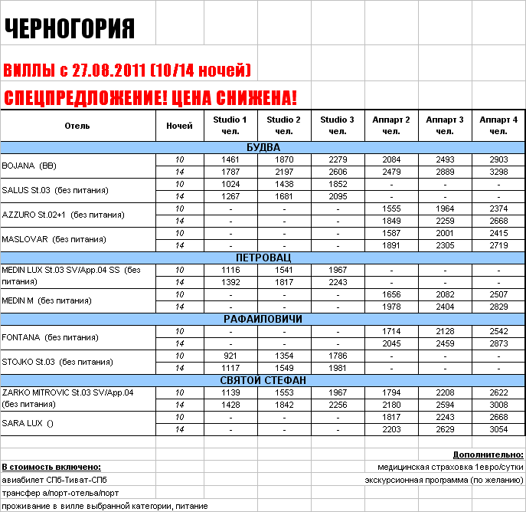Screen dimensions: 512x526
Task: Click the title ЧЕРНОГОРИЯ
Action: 70,29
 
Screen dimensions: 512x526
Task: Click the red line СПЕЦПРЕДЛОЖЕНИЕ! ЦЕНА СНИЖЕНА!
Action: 150,98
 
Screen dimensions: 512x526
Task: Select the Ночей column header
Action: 180,126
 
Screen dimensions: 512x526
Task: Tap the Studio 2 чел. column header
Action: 283,126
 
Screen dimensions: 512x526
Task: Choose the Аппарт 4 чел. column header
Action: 498,126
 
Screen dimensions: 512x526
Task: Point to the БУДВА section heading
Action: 263,147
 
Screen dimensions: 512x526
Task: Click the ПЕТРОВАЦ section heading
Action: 263,258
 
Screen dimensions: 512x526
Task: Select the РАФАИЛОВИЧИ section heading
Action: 263,319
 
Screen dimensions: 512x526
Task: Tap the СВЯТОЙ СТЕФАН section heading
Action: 263,380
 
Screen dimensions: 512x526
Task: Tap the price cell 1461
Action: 230,159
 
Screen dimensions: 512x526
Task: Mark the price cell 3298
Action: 498,172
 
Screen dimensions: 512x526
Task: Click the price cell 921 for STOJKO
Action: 230,356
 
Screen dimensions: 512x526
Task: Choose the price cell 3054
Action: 498,429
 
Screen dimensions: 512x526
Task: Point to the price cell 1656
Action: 391,294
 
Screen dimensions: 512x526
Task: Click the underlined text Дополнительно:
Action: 488,455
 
